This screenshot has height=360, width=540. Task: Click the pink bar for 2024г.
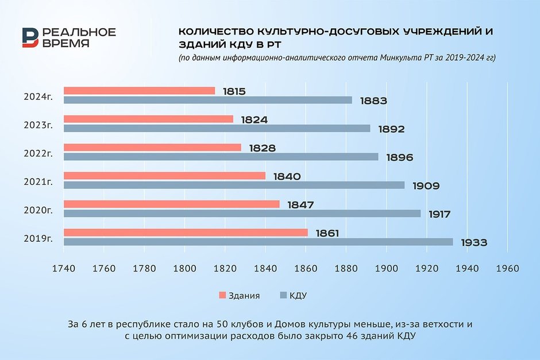139,91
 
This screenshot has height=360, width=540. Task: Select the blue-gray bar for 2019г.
258,242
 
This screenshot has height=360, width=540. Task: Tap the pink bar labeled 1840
164,176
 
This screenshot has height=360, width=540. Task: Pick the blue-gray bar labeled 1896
221,157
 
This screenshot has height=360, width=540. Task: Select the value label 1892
391,129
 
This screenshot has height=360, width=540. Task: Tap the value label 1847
300,204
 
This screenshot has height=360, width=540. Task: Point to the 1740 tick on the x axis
63,269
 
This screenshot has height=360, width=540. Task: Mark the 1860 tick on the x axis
306,269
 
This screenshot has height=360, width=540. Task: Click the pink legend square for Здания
222,296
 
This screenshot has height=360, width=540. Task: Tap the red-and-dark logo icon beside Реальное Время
30,38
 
